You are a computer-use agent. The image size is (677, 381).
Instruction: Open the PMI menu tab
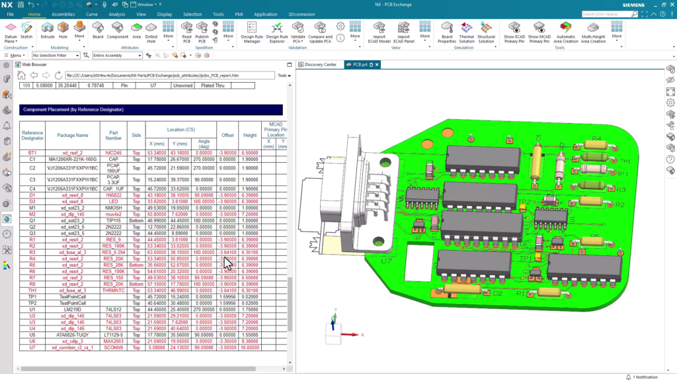click(x=239, y=14)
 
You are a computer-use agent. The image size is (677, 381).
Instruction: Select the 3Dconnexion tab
click(x=301, y=14)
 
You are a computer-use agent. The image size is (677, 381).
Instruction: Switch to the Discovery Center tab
click(x=320, y=65)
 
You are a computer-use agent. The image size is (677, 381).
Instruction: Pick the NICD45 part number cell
click(x=114, y=153)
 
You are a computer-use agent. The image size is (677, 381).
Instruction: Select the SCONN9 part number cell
click(x=114, y=347)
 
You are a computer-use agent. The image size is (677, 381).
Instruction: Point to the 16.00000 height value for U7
click(x=250, y=347)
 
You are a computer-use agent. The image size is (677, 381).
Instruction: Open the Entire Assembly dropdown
click(x=117, y=56)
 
